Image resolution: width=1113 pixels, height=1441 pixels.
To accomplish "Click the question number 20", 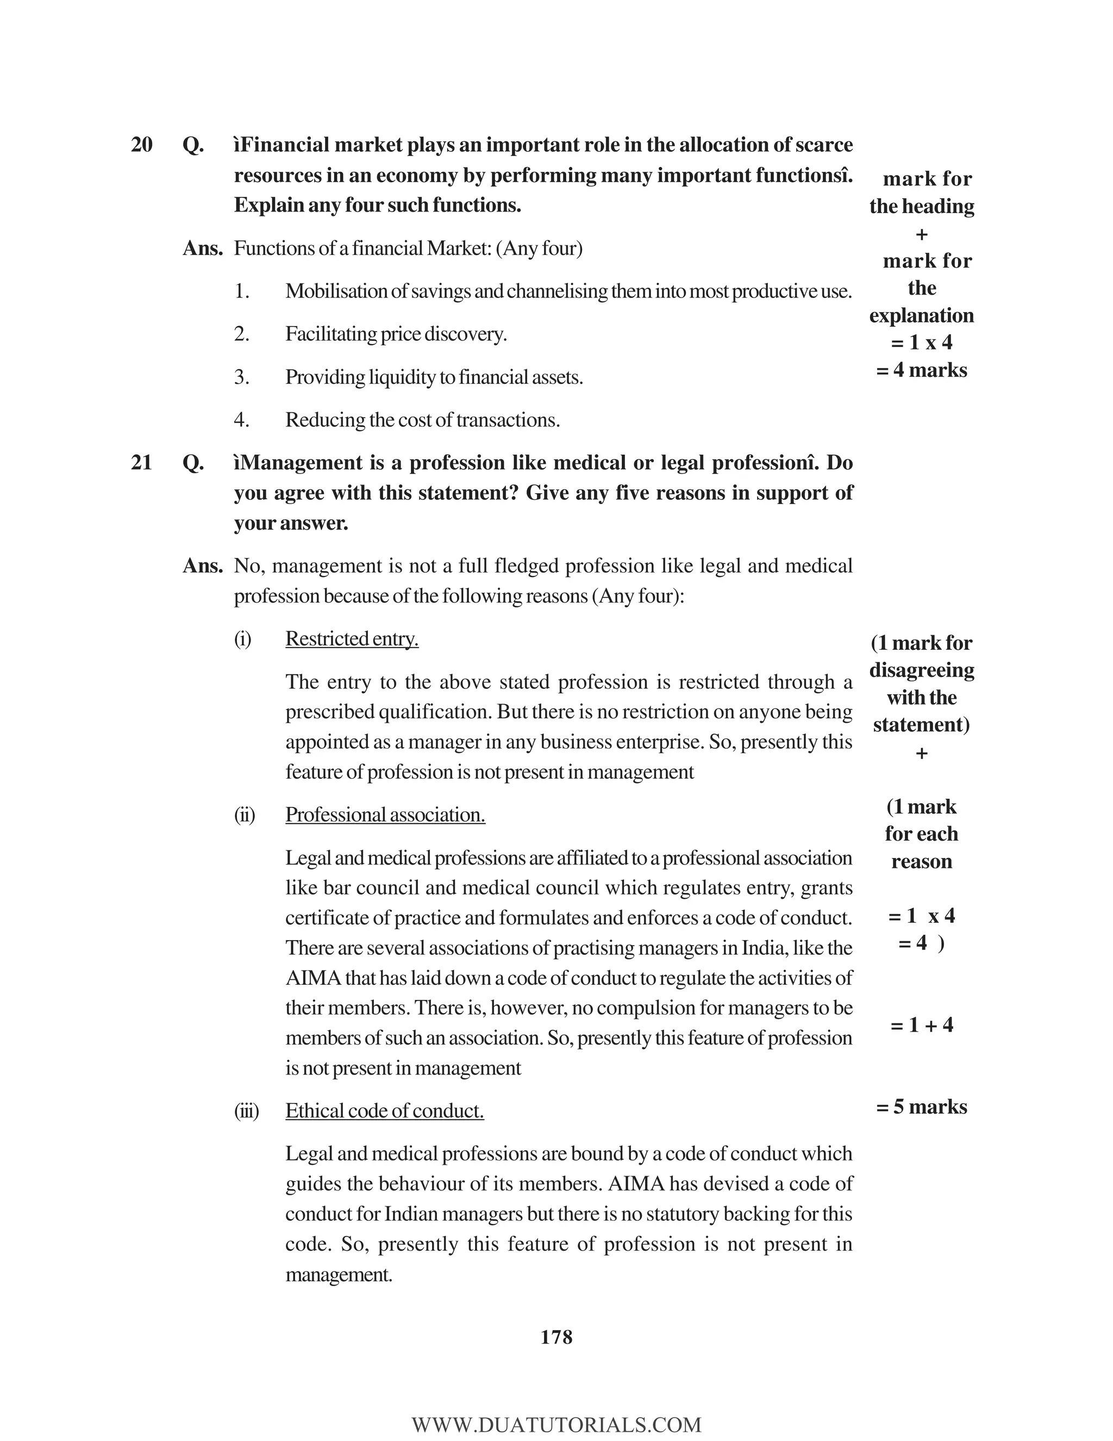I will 142,145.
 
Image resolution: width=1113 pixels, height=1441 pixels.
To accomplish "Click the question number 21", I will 142,463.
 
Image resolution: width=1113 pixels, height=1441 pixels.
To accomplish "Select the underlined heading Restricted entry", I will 352,639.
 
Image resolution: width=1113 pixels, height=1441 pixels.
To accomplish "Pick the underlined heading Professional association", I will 385,815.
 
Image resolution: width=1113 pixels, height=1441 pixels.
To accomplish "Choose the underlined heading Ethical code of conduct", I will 384,1110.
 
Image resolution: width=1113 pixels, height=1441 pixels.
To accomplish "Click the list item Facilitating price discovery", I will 396,334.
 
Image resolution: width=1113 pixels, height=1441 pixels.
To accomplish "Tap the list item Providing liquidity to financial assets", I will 434,377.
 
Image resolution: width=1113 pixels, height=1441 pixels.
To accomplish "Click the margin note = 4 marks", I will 921,370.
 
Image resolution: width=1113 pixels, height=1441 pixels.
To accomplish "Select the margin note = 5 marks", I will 921,1107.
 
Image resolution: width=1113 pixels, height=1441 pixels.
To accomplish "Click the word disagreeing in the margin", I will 921,670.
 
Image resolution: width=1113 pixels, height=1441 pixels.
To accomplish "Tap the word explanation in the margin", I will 921,315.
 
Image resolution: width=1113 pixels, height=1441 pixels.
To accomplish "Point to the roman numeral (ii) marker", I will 244,815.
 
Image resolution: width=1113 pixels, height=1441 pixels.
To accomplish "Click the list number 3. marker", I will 241,377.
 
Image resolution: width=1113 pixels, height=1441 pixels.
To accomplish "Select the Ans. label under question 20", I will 202,249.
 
